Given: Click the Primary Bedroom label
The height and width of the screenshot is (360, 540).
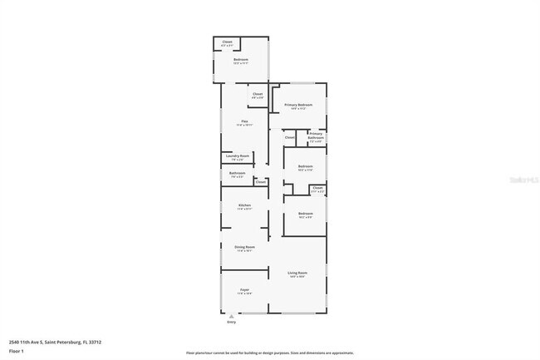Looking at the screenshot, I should (x=298, y=105).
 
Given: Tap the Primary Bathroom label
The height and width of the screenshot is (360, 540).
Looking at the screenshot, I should (x=316, y=135).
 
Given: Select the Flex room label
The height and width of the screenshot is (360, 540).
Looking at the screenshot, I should (x=245, y=122).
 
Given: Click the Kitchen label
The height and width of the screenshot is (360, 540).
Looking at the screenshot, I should (x=244, y=205).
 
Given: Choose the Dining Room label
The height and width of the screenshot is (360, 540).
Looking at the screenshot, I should (x=245, y=247).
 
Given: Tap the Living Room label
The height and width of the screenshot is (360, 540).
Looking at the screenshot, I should (x=297, y=273).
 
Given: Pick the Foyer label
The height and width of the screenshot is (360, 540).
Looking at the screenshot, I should (x=244, y=290).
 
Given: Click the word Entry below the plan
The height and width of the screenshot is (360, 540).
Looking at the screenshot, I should (x=231, y=321).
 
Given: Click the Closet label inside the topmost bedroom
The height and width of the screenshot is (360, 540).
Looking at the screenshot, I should (x=228, y=42).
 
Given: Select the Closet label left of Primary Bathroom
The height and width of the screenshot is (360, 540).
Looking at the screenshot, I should (x=290, y=136).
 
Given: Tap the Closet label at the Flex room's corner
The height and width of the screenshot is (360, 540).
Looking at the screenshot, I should (x=258, y=94).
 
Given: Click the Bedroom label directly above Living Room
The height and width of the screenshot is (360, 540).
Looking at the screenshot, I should (x=306, y=214).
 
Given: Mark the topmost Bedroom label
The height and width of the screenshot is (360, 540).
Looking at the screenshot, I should (x=241, y=60).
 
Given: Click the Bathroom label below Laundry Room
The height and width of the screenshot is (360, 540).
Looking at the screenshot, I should (x=237, y=173).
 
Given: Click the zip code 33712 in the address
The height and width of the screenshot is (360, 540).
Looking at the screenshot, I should (x=94, y=341).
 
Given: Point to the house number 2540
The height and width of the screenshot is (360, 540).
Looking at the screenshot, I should (x=14, y=341).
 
